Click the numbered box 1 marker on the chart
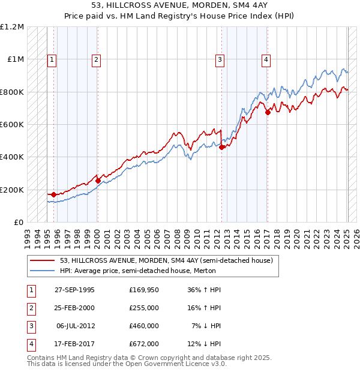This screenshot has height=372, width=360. tap(52, 59)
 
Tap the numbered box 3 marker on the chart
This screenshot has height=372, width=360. tap(220, 59)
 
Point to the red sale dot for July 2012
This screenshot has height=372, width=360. tap(222, 147)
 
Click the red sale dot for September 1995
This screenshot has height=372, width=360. tap(54, 194)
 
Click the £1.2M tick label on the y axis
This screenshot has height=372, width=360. tap(12, 27)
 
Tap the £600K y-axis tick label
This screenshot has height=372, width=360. tap(12, 125)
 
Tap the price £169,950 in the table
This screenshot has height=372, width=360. tap(144, 289)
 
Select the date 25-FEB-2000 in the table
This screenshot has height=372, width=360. tap(74, 308)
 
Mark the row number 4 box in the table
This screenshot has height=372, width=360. tap(30, 344)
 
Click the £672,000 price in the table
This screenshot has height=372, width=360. tap(144, 344)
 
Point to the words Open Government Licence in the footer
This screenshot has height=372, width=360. tap(175, 364)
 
